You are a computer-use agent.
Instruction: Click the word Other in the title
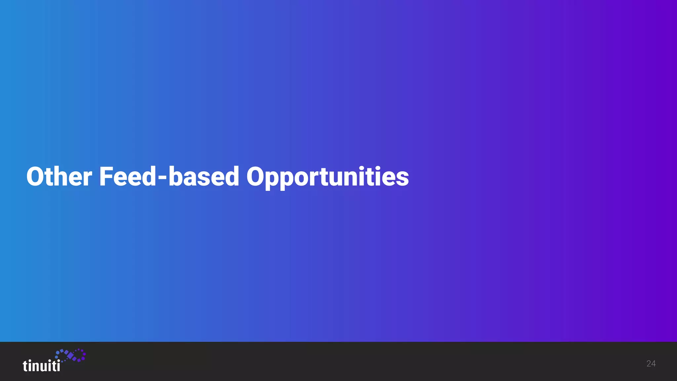pyautogui.click(x=59, y=177)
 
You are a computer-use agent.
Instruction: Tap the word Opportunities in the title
pyautogui.click(x=327, y=177)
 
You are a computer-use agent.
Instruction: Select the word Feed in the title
pyautogui.click(x=127, y=177)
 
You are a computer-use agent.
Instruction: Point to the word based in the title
pyautogui.click(x=204, y=177)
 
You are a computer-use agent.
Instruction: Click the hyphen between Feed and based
pyautogui.click(x=162, y=179)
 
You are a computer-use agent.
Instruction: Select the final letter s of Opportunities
pyautogui.click(x=402, y=179)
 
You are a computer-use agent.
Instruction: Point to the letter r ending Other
pyautogui.click(x=87, y=179)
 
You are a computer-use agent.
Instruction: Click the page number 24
pyautogui.click(x=651, y=364)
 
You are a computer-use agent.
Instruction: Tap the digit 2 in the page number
pyautogui.click(x=649, y=364)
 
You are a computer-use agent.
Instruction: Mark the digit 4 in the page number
pyautogui.click(x=653, y=364)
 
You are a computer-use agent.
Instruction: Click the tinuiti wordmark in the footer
pyautogui.click(x=41, y=366)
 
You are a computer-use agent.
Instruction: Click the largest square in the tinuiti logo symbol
pyautogui.click(x=70, y=356)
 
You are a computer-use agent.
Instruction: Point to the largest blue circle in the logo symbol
pyautogui.click(x=58, y=353)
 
